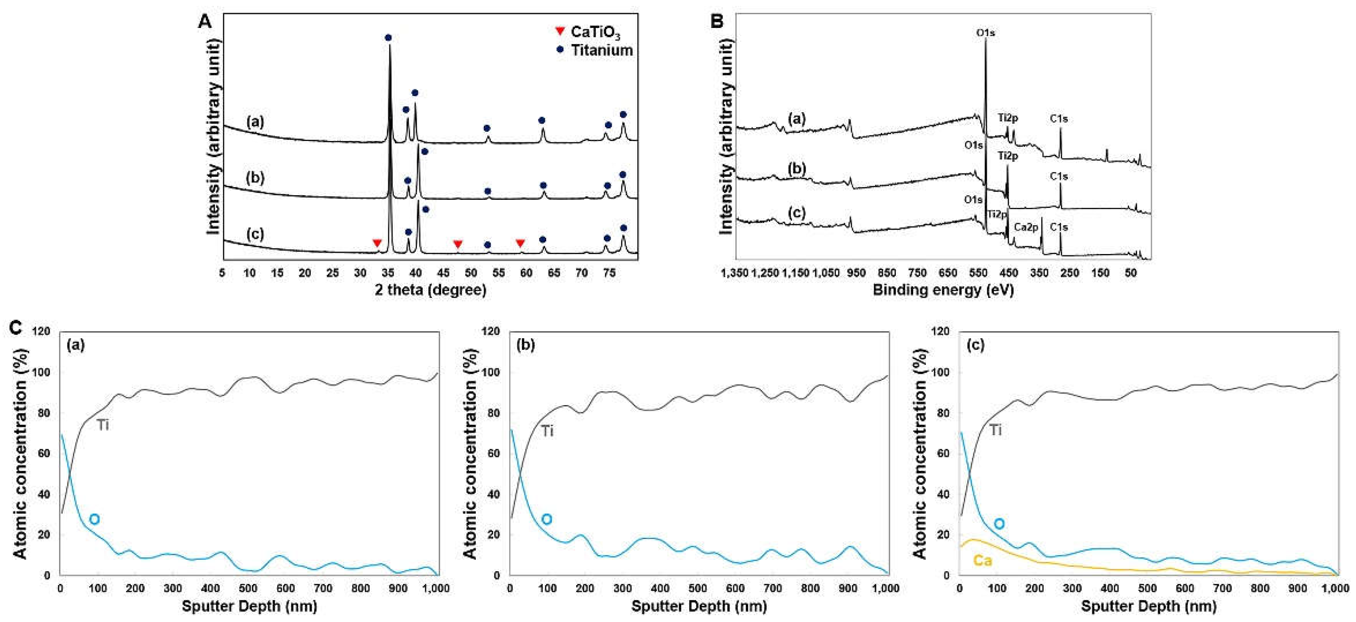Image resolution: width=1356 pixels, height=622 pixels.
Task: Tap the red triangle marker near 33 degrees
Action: click(377, 243)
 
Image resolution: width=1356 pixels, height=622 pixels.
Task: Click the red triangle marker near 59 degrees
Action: click(520, 243)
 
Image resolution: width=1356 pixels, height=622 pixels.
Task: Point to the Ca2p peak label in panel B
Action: click(1025, 227)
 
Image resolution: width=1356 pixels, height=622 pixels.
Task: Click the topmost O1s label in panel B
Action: click(986, 33)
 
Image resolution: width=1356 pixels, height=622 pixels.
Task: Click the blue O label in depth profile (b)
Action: click(547, 519)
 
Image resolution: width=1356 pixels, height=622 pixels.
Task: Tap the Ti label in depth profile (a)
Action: click(103, 425)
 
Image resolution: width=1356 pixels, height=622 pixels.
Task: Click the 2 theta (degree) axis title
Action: click(431, 290)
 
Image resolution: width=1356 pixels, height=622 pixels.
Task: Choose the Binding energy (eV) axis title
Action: click(943, 290)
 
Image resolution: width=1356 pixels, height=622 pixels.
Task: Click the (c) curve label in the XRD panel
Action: click(255, 233)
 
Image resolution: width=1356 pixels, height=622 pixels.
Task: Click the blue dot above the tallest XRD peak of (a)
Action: click(388, 37)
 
